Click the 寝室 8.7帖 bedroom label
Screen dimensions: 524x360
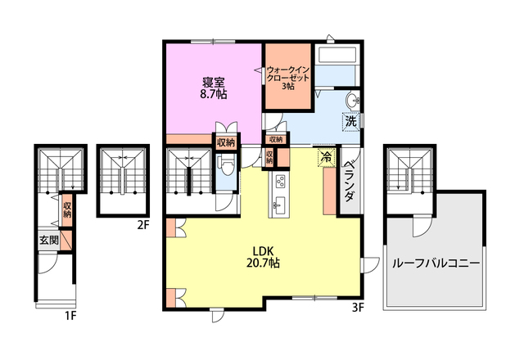(x=214, y=88)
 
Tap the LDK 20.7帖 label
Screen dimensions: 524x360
(x=263, y=257)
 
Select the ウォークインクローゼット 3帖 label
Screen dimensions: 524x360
(x=288, y=78)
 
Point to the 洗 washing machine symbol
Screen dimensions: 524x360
(x=351, y=122)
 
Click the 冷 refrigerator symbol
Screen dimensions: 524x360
(x=327, y=156)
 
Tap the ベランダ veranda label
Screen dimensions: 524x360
(x=349, y=182)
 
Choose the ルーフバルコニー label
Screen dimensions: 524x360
(x=436, y=263)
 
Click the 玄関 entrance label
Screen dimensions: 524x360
(x=49, y=240)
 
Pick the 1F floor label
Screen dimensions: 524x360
(x=71, y=316)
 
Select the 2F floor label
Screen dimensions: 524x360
(x=142, y=226)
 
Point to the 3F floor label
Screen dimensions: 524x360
(x=358, y=308)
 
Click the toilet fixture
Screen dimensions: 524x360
(x=226, y=166)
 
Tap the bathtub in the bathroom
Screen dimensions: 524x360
(x=337, y=55)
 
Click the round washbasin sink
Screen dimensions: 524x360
(x=353, y=100)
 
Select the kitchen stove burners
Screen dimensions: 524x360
(x=280, y=182)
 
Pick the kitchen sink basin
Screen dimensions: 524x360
(x=279, y=204)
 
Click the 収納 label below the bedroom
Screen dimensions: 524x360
(x=226, y=143)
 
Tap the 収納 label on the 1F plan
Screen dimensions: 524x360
(x=67, y=209)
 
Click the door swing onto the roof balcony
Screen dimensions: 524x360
(x=422, y=226)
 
